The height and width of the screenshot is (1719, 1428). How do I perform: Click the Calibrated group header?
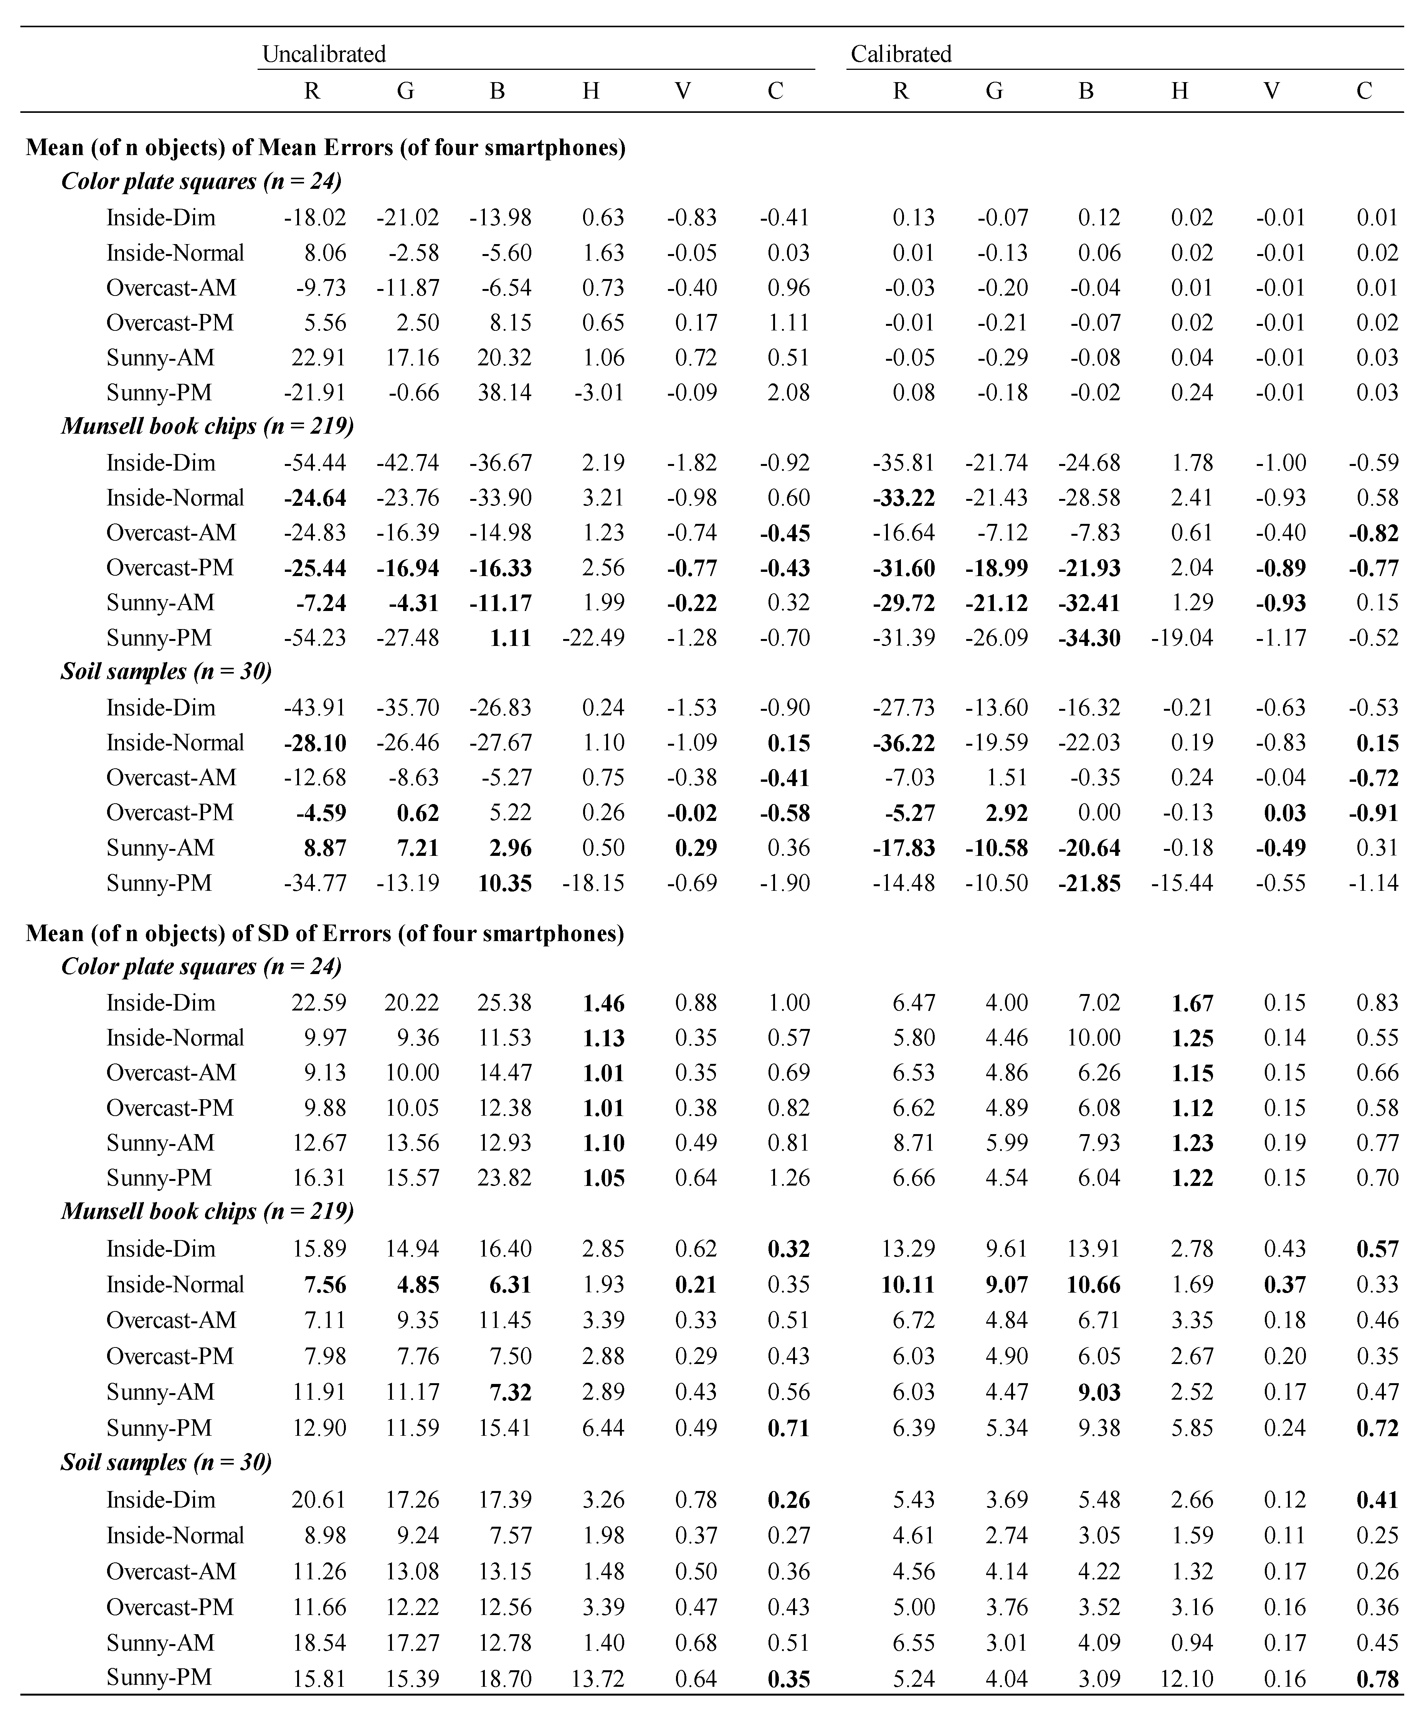point(901,54)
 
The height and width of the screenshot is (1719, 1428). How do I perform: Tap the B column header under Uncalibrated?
point(497,91)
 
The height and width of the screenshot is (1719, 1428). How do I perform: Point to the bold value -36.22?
point(904,743)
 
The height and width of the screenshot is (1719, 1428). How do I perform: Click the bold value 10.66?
point(1093,1284)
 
